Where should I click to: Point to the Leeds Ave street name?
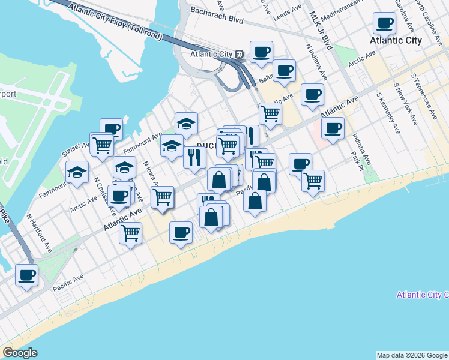(288, 13)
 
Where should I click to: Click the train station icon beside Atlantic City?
(240, 54)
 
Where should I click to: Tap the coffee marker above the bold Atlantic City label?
(384, 24)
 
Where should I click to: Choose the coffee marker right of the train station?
(261, 52)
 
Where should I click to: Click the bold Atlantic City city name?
(396, 40)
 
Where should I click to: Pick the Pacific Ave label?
(67, 283)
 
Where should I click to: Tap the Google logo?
(20, 353)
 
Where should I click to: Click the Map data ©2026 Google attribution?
(411, 355)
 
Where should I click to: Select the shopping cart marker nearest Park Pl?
(313, 181)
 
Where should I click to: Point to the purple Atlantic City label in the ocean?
(423, 295)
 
